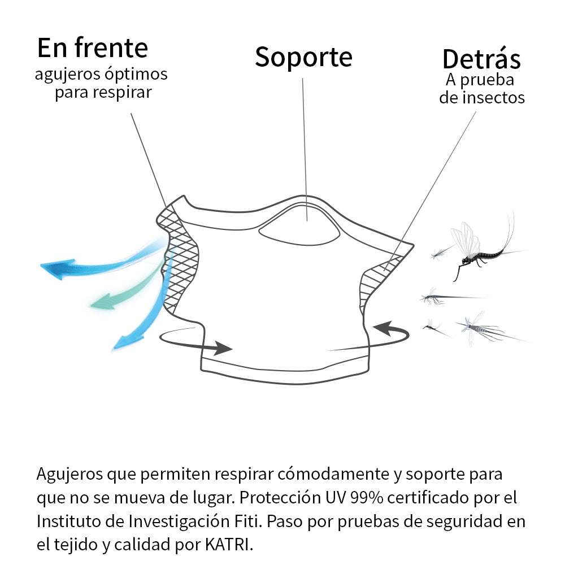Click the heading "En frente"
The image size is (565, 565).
point(93,47)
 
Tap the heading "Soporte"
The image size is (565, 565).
point(303,57)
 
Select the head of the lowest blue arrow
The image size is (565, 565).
point(126,343)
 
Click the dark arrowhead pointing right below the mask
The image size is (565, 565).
point(222,348)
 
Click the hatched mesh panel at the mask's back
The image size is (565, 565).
point(379,281)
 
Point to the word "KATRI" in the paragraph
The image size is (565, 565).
point(227,545)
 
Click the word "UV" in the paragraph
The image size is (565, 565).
point(336,498)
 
